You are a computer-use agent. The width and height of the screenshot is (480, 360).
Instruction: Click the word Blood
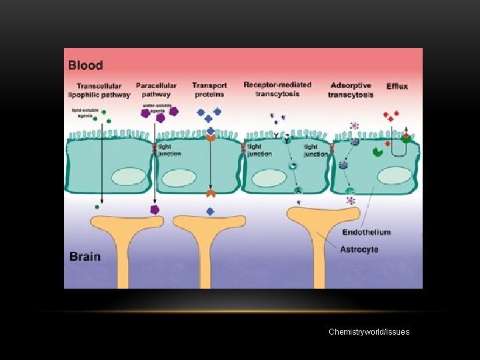85,65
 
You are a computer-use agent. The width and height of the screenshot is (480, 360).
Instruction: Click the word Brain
85,257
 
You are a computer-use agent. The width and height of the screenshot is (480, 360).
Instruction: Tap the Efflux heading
398,86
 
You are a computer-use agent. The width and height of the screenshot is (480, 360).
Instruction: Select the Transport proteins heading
209,89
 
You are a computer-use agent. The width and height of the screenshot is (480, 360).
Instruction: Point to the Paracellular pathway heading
156,89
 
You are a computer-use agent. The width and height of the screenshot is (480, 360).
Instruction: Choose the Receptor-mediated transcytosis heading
277,89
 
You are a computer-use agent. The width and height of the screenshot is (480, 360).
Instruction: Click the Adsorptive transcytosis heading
351,90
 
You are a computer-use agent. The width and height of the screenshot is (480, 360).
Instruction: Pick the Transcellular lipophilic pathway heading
103,90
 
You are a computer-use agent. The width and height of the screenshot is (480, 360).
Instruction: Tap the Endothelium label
366,233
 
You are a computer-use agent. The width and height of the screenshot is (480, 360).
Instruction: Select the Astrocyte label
359,249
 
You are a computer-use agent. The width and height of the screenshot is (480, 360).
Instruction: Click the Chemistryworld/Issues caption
369,331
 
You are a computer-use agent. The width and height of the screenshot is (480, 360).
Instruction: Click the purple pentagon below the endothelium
155,210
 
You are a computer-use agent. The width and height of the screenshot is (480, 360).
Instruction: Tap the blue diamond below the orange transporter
210,211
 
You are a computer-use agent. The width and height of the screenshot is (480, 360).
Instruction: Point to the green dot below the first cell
97,207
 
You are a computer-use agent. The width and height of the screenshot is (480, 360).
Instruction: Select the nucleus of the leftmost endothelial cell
128,177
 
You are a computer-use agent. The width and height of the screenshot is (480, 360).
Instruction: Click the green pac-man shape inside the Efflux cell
377,152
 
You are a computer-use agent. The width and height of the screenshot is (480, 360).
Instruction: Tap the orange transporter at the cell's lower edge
210,194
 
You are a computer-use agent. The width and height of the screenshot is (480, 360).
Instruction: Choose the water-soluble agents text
154,108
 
